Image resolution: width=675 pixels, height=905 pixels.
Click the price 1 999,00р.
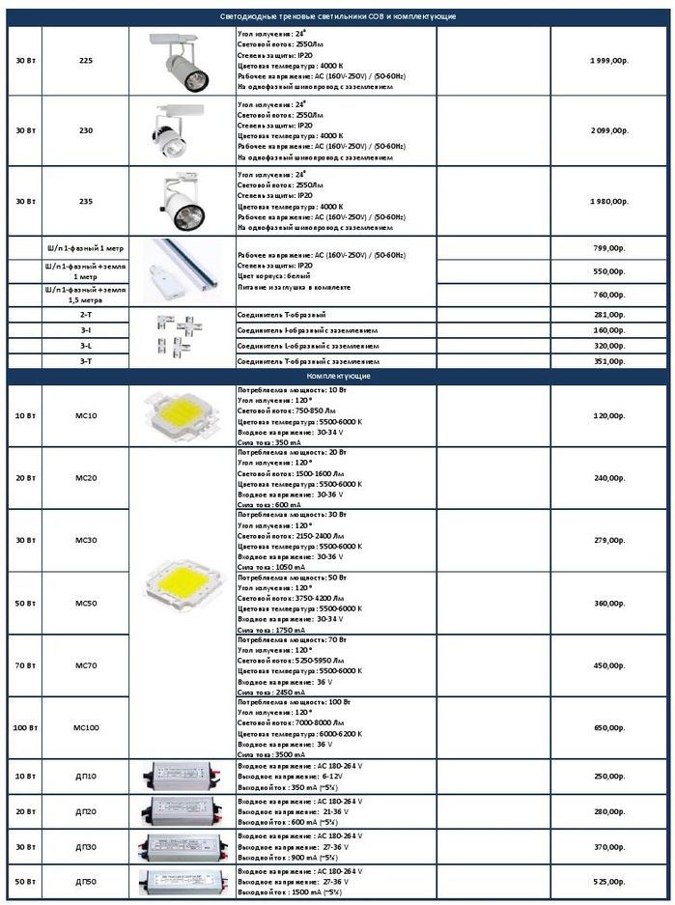(x=608, y=60)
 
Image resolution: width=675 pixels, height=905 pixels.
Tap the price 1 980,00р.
(x=608, y=201)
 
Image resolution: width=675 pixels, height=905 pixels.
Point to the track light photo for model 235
(x=179, y=201)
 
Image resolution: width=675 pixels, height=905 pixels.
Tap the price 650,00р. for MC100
(x=609, y=727)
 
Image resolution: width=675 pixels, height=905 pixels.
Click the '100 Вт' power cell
(x=26, y=727)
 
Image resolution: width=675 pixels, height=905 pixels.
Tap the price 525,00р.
(x=609, y=881)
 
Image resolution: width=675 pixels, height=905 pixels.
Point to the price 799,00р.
(x=609, y=249)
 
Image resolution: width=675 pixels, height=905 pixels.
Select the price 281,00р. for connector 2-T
(x=609, y=315)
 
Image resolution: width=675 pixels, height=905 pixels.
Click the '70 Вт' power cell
(x=26, y=665)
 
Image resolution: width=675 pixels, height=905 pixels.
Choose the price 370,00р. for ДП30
(x=609, y=846)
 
